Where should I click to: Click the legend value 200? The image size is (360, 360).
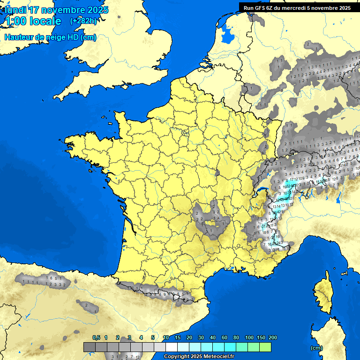point(273,337)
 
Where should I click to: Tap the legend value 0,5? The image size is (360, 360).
point(96,337)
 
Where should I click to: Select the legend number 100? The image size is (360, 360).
point(249,337)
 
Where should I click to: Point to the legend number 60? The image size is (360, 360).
point(225,337)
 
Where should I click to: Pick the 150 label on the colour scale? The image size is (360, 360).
point(261,337)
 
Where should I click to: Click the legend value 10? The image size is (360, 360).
point(166,337)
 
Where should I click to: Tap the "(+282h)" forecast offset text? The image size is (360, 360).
point(83,21)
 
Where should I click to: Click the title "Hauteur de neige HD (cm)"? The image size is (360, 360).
point(50,37)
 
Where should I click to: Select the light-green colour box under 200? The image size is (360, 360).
point(265,347)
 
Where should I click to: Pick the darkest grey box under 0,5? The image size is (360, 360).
point(90,347)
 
